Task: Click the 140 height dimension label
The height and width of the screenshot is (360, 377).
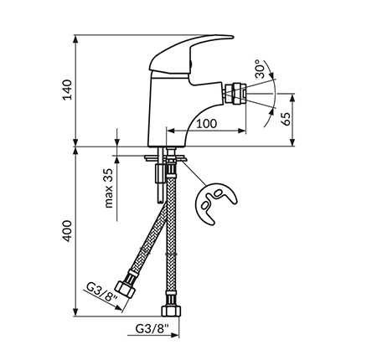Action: [67, 90]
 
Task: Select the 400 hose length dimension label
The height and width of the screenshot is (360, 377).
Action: [67, 231]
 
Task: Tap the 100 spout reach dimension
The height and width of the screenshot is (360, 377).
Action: [206, 123]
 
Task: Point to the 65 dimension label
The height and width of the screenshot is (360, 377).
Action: [286, 119]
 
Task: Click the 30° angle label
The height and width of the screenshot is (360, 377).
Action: [260, 69]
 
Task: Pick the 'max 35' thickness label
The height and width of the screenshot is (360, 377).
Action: [109, 188]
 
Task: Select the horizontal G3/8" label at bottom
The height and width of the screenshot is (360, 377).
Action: [152, 328]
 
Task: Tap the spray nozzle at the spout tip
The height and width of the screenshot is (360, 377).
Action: [235, 94]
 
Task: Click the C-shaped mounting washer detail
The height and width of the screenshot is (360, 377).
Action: [215, 203]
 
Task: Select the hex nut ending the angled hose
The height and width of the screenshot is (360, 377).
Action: [125, 289]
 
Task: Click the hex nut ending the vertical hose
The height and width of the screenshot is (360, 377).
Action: [171, 311]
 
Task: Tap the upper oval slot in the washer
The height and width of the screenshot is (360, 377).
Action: [218, 193]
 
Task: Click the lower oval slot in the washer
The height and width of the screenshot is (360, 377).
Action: [205, 205]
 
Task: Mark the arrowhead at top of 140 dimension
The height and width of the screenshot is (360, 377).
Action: [75, 39]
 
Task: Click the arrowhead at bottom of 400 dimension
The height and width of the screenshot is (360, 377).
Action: [75, 312]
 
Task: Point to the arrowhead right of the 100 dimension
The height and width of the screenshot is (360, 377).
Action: [242, 131]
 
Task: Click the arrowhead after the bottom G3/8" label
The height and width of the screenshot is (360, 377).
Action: [175, 335]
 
